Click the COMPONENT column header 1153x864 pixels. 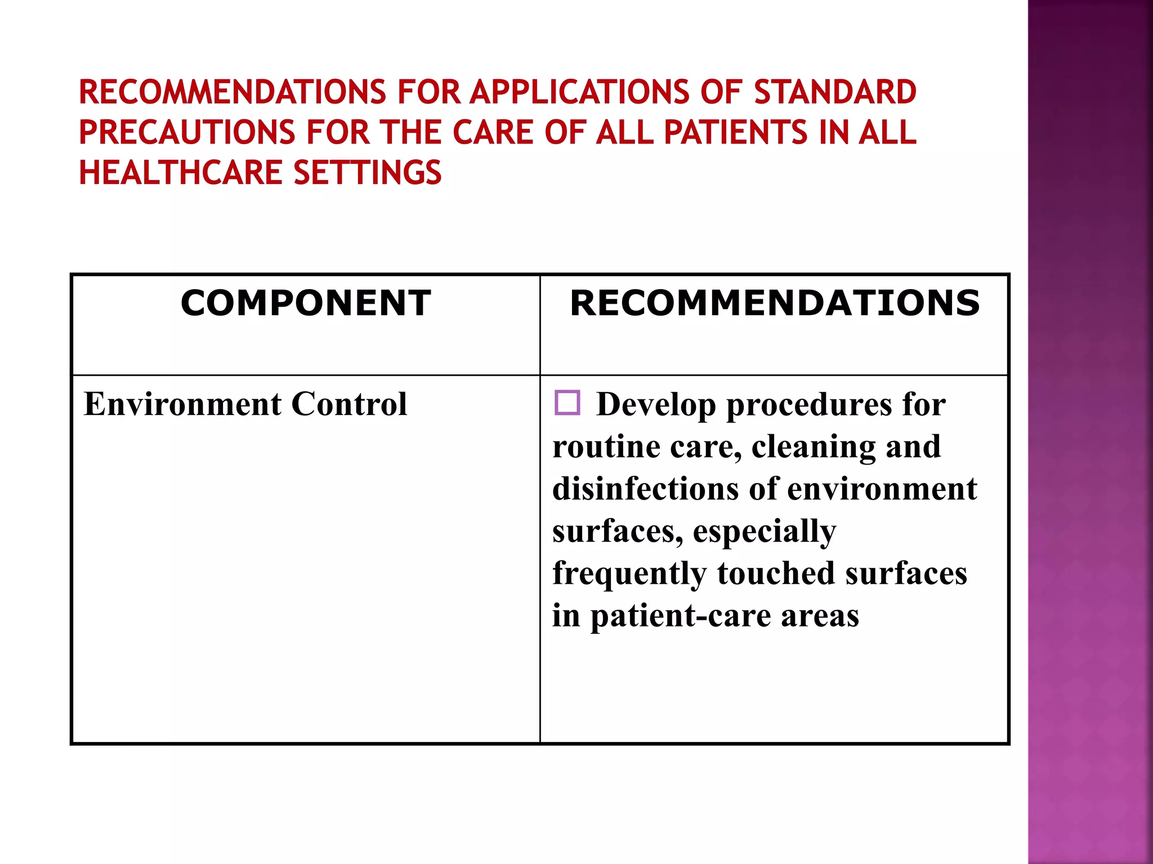click(x=306, y=303)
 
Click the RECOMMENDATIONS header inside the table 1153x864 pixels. click(x=775, y=303)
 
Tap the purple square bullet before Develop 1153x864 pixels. click(x=567, y=403)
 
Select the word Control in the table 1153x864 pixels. click(x=349, y=404)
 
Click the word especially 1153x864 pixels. click(x=764, y=532)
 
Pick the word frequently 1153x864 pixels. click(x=629, y=574)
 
